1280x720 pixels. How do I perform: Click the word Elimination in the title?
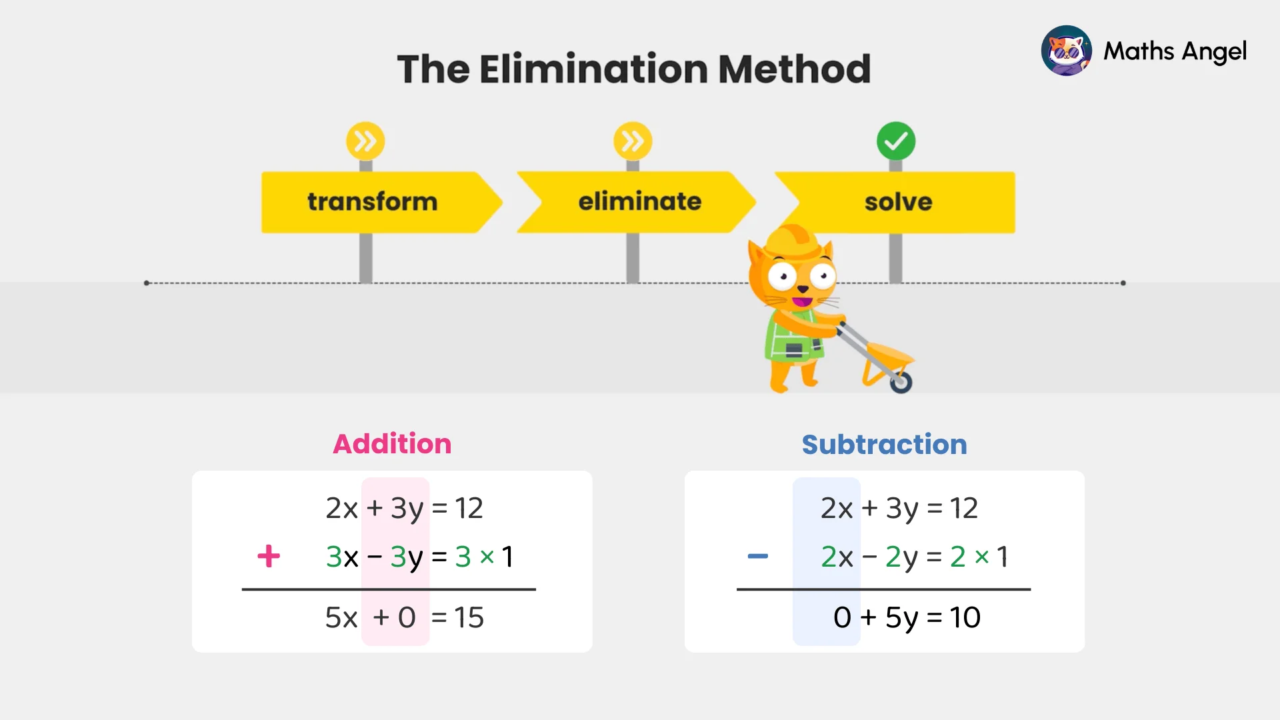coord(593,69)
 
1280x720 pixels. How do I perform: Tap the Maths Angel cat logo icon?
coord(1066,51)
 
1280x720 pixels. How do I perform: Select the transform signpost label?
coord(372,201)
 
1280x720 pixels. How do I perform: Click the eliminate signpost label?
coord(639,201)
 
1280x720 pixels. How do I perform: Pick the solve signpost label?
coord(898,201)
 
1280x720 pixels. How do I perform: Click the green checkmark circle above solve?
coord(896,141)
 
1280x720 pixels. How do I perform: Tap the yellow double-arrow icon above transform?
coord(365,141)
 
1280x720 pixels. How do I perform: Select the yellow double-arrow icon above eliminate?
coord(633,141)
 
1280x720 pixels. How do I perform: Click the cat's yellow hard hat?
coord(793,241)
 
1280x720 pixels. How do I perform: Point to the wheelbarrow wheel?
coord(901,383)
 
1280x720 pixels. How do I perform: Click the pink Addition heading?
coord(392,444)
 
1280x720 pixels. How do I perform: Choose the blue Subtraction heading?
coord(884,445)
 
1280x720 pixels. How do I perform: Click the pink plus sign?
coord(269,556)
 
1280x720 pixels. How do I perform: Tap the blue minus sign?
coord(758,556)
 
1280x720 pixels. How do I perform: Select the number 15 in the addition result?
coord(469,617)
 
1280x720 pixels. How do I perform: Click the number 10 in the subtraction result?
coord(965,617)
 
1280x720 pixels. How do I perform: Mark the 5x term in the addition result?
coord(341,617)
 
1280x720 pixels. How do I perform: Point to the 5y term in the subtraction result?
coord(901,618)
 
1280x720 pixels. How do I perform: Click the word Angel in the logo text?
coord(1213,51)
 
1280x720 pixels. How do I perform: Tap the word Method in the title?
coord(794,69)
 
